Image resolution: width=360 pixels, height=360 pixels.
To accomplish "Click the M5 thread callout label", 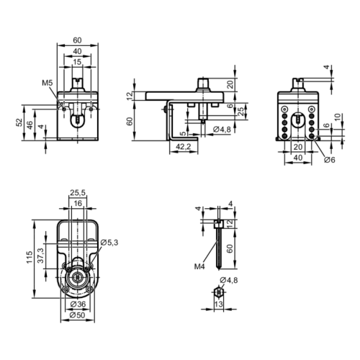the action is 48,83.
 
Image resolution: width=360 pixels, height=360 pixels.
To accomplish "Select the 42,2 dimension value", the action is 184,146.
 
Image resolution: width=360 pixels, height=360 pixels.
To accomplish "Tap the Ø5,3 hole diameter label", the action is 109,243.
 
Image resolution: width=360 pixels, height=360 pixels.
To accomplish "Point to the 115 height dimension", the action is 30,257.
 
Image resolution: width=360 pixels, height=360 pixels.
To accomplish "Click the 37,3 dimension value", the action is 41,256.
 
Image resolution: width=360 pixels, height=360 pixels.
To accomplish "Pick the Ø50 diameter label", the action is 77,315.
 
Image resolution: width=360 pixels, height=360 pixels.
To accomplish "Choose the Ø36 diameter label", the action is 78,304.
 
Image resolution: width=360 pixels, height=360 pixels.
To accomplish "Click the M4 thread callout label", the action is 199,266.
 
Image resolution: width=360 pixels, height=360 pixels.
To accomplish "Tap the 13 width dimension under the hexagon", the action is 218,305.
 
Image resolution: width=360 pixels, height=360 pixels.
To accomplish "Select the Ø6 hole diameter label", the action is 330,160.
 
